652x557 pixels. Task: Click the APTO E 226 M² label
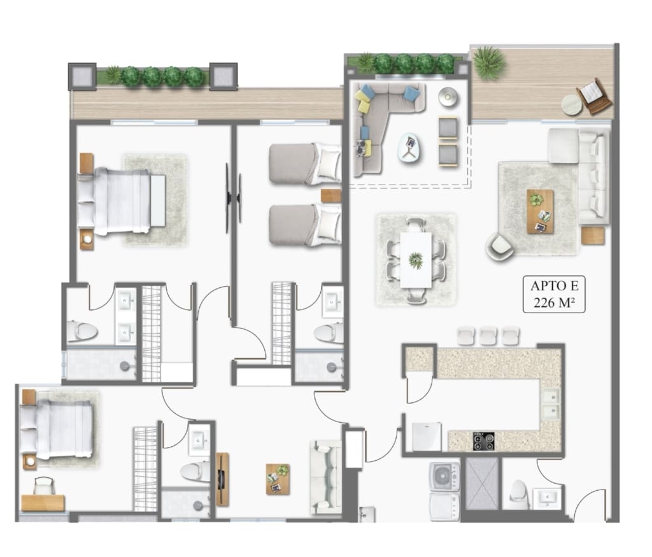pos(554,294)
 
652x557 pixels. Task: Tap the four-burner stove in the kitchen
pos(484,441)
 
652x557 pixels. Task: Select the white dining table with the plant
pos(415,260)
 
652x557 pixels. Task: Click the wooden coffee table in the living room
pos(540,211)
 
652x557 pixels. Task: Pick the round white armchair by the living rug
pos(500,246)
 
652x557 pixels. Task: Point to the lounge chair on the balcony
pos(594,96)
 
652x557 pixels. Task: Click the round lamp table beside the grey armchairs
pos(448,97)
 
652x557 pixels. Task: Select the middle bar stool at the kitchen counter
pos(488,336)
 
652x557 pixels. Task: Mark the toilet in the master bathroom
pos(82,331)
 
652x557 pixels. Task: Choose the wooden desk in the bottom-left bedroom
pos(43,502)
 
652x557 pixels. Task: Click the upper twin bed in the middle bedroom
pos(305,164)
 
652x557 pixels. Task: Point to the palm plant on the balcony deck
pos(490,63)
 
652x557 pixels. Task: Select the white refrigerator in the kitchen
pos(427,437)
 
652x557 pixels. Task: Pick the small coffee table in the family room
pos(278,479)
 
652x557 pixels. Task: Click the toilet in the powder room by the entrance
pos(519,495)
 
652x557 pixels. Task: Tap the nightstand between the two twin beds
pos(331,196)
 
